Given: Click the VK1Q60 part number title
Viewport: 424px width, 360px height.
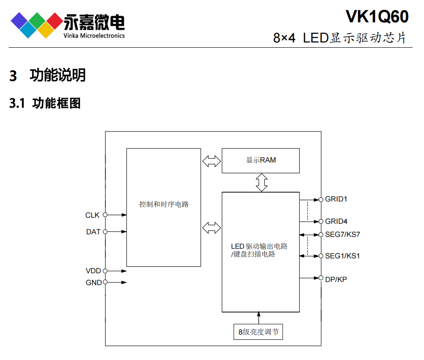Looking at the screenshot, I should click(377, 17).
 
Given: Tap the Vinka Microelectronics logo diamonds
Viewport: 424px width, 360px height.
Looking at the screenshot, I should click(36, 25).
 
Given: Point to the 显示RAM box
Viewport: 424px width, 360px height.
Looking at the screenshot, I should click(261, 160).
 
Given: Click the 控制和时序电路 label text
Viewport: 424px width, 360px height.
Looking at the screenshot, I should click(164, 204).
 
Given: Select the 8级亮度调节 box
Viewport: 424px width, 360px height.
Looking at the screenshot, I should click(258, 332).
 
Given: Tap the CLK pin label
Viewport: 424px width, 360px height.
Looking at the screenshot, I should click(92, 215).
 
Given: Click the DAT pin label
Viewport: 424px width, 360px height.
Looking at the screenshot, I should click(93, 232).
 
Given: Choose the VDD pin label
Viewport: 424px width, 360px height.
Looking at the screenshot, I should click(93, 271).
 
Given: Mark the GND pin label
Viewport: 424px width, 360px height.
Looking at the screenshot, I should click(93, 282).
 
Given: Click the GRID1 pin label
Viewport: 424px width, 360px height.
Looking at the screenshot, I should click(336, 199).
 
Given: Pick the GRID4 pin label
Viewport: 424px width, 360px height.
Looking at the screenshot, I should click(336, 222).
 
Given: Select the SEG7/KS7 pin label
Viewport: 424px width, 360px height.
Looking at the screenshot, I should click(342, 234).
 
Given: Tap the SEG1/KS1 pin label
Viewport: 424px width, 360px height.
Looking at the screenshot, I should click(342, 256).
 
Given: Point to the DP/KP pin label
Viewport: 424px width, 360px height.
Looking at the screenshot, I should click(336, 279).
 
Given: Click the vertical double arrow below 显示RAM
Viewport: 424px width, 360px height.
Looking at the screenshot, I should click(261, 182).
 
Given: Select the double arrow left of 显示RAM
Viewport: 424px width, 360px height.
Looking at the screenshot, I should click(212, 161).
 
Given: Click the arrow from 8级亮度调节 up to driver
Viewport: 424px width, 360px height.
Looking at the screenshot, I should click(259, 318).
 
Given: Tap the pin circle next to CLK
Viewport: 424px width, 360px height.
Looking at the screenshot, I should click(105, 215).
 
